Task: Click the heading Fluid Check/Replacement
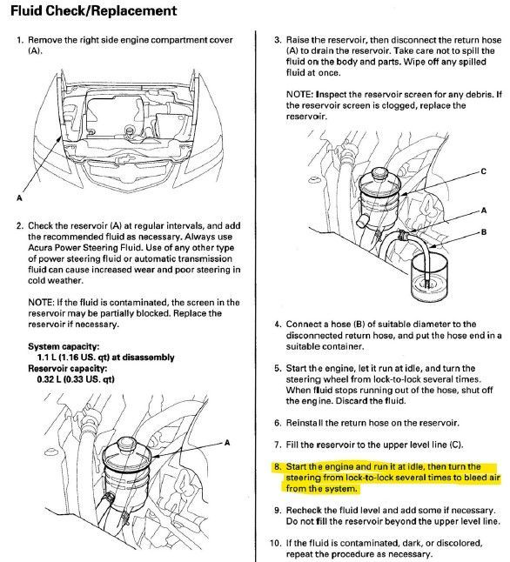click(93, 10)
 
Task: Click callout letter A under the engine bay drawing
click(19, 197)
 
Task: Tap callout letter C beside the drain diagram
click(483, 171)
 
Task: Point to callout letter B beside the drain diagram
click(484, 232)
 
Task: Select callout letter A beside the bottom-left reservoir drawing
click(226, 443)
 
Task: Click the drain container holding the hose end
click(429, 278)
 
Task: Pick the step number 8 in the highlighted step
click(278, 466)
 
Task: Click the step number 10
click(275, 543)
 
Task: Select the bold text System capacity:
click(64, 346)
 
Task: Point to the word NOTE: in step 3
click(301, 95)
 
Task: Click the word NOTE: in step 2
click(41, 303)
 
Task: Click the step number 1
click(20, 40)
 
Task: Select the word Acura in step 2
click(39, 248)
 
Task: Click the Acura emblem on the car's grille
click(127, 157)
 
